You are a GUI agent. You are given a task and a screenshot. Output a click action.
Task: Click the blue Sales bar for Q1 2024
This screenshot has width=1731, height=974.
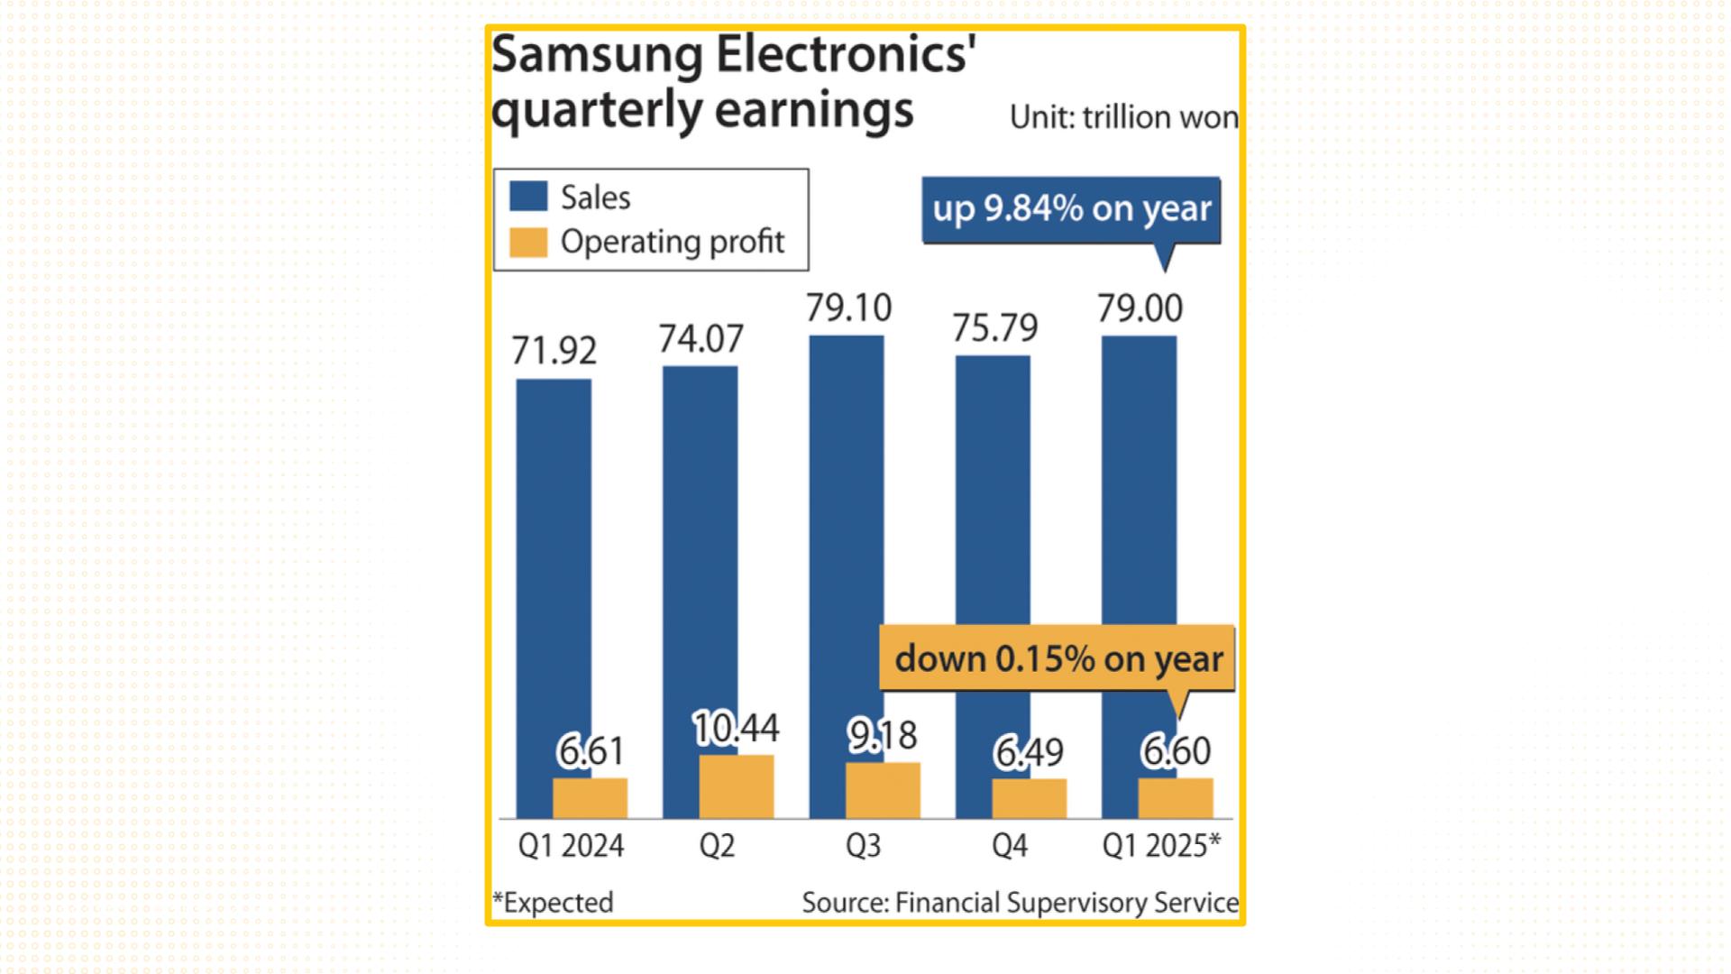tap(553, 577)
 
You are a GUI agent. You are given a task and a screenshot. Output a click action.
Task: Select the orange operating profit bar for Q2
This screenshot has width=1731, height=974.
tap(737, 787)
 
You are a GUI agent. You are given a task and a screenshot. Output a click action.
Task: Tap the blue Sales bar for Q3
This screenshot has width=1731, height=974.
tap(846, 541)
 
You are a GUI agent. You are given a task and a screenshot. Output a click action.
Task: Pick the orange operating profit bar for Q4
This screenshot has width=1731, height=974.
tap(1029, 799)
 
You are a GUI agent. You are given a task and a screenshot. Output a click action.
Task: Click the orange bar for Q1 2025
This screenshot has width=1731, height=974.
tap(1176, 799)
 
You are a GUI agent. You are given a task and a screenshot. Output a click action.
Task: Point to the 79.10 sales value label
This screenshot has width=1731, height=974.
tap(848, 308)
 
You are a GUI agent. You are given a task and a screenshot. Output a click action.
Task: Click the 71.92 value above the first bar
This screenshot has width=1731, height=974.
tap(554, 351)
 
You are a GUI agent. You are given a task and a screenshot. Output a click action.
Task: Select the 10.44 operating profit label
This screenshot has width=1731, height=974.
tap(736, 729)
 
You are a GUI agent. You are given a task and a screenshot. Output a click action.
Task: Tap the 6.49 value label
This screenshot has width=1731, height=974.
tap(1029, 752)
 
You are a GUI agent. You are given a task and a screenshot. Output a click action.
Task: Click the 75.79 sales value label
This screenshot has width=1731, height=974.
tap(995, 328)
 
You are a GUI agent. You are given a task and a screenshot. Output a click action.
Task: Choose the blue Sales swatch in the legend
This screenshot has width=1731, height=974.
tap(528, 197)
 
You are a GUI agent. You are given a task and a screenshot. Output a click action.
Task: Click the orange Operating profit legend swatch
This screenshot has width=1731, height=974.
tap(528, 242)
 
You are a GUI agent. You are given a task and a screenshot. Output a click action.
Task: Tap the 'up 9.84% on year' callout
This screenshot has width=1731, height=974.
tap(1071, 209)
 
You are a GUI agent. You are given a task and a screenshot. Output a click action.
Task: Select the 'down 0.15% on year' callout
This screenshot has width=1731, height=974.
tap(1058, 659)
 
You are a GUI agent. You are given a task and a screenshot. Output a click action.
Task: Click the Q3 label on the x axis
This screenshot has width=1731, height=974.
tap(863, 846)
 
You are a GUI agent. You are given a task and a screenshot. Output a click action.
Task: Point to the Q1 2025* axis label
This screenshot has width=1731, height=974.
tap(1161, 846)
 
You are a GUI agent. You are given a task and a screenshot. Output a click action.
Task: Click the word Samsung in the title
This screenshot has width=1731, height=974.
tap(597, 56)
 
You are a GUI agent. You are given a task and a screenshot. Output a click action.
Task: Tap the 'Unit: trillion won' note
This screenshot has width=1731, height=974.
tap(1123, 118)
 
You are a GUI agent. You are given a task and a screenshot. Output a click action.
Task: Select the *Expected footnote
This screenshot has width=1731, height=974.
tap(553, 903)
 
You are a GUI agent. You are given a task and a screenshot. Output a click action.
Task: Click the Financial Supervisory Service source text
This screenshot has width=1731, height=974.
tap(1067, 903)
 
